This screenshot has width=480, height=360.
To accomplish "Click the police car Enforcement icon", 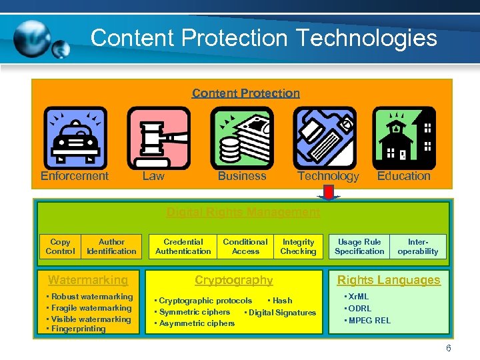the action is pos(75,138).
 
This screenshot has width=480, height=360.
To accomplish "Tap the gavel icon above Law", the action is pos(158,138).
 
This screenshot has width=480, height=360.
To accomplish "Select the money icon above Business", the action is pos(242,138).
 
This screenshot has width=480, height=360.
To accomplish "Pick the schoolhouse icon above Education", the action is pos(404,138).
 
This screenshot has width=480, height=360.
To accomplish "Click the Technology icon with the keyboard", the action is pos(325,138).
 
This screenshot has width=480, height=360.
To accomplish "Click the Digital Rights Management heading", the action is pos(243,212).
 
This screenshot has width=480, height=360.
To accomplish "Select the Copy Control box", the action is pos(60,247).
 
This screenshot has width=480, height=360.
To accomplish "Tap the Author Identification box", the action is pos(111,247).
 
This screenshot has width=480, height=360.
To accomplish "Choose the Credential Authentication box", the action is pos(183,247).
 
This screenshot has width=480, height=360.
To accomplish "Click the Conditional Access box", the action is pos(245,247).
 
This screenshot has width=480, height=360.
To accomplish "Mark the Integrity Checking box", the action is pos(298,247).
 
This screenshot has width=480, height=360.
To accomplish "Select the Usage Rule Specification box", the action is pos(359,247).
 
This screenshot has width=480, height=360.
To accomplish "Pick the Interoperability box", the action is pos(418,247).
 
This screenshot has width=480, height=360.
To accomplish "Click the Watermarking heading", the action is pos(88,280).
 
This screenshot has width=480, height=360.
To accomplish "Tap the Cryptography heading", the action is pos(233,280).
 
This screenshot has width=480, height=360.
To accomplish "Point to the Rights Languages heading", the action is pos(389,280).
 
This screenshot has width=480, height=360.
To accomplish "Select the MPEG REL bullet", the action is pos(368,321).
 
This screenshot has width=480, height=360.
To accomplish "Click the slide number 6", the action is pos(449,348).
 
